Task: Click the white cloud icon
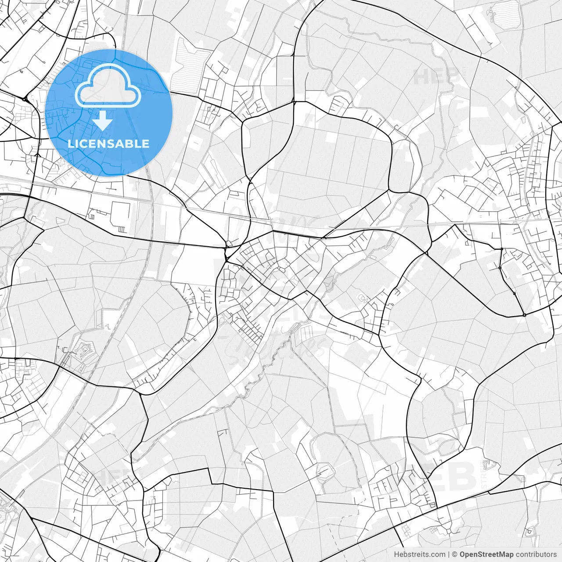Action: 108,85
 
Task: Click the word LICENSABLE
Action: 108,144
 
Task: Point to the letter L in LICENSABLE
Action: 71,144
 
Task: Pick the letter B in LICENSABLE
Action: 132,144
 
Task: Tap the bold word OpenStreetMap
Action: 486,555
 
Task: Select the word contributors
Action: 536,555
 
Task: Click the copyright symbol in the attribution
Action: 455,555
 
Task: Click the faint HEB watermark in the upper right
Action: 432,77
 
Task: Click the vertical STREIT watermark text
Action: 484,476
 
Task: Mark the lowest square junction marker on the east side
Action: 524,315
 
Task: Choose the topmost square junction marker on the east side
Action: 502,249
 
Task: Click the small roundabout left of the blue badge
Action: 25,100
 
